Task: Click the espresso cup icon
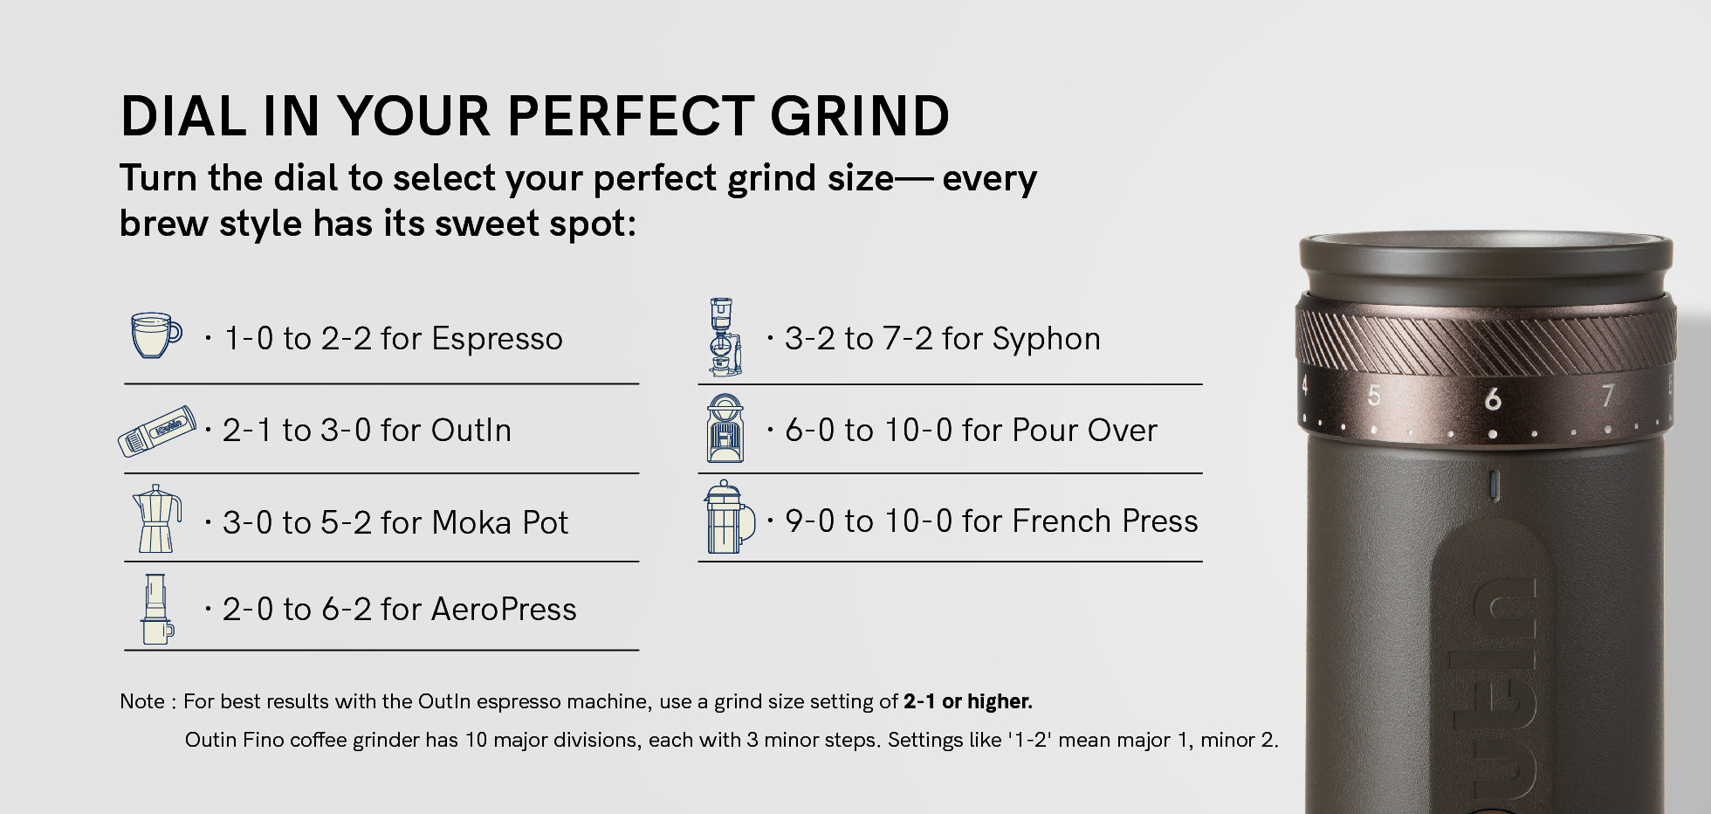click(x=156, y=335)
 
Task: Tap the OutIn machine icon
click(x=157, y=431)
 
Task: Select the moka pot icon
click(x=157, y=519)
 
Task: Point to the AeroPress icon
click(x=157, y=609)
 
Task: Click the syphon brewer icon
click(x=724, y=337)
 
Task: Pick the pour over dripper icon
click(x=725, y=428)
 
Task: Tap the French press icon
click(x=729, y=517)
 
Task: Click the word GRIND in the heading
click(x=859, y=116)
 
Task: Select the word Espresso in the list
click(x=497, y=339)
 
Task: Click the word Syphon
click(x=1046, y=339)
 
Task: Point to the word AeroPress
click(x=504, y=609)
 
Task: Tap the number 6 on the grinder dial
click(x=1493, y=399)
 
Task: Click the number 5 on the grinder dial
click(x=1374, y=396)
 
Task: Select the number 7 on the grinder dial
click(x=1607, y=396)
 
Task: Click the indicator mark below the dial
click(x=1494, y=486)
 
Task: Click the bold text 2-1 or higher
click(x=967, y=701)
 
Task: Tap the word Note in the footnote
click(x=142, y=701)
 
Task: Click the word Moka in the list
click(x=471, y=522)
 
